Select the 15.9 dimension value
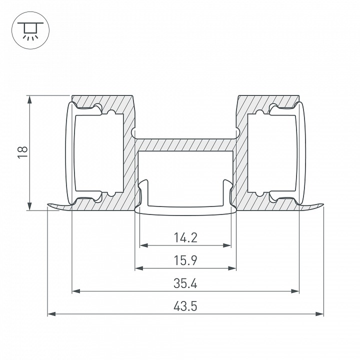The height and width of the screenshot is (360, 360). pos(185,260)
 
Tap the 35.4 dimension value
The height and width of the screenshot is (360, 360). pos(185,283)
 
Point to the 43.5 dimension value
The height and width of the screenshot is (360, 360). pos(185,306)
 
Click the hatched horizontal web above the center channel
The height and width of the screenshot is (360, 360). pos(185,144)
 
